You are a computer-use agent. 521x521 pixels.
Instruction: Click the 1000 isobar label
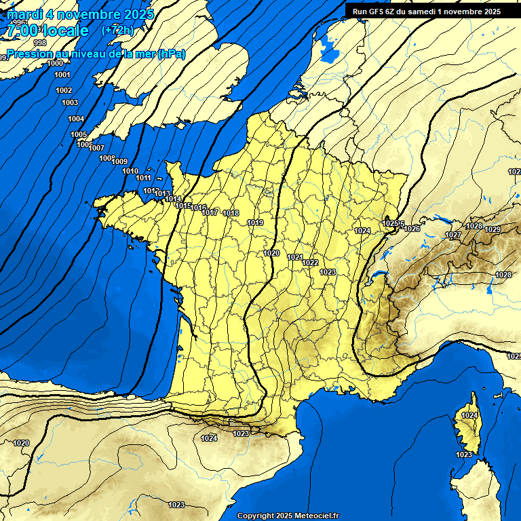pos(56,63)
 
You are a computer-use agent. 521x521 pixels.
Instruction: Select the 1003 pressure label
pos(70,102)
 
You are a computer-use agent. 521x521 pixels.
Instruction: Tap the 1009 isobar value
pos(120,161)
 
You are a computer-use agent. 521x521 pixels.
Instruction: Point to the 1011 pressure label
pos(144,178)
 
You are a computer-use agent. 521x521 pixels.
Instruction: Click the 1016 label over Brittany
pos(199,208)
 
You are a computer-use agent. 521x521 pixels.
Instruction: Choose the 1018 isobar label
pos(231,213)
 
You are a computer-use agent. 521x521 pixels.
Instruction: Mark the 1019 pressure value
pos(255,223)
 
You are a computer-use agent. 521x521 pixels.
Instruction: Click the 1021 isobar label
pos(295,257)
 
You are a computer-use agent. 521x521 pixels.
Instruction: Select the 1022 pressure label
pos(311,263)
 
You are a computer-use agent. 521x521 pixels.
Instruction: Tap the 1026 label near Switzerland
pos(412,229)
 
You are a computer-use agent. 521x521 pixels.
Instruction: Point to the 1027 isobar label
pos(453,235)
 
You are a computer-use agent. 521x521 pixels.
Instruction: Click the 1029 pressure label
pos(493,229)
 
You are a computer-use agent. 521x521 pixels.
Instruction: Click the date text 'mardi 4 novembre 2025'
pos(81,14)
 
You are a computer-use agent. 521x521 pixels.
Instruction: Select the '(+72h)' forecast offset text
pos(117,30)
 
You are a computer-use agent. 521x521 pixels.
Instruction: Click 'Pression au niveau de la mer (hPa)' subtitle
pos(96,54)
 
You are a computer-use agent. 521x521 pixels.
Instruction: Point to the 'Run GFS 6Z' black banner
pos(427,12)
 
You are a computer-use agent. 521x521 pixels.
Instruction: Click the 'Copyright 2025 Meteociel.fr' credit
pos(288,516)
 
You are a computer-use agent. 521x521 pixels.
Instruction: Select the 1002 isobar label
pos(64,90)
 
